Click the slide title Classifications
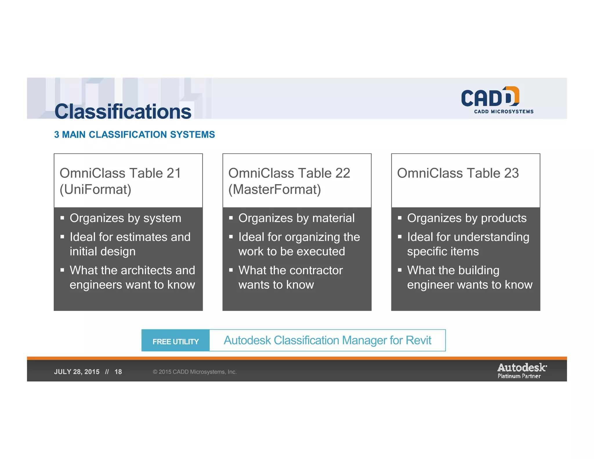pos(123,112)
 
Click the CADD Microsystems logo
pos(497,100)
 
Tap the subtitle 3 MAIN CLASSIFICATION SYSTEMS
pos(134,135)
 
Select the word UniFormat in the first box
pos(95,189)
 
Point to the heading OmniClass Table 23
pos(458,173)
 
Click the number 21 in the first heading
pos(174,173)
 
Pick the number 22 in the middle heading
pos(343,173)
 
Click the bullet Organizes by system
pos(125,218)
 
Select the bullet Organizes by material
pos(296,218)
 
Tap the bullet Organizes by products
pos(467,218)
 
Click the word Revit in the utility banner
pos(419,340)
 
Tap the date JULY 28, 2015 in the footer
pos(77,372)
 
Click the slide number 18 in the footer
pos(118,372)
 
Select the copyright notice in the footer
pos(195,372)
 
